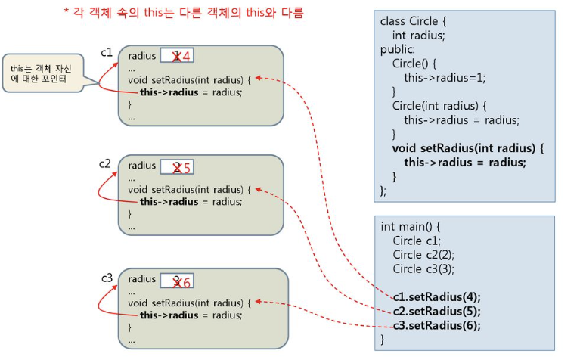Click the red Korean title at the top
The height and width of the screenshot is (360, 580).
184,14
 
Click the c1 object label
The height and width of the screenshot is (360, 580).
107,52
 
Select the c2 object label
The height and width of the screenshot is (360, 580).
105,163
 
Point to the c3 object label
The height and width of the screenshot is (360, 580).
107,278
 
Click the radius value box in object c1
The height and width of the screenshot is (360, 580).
178,55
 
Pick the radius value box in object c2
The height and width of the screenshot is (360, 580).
178,167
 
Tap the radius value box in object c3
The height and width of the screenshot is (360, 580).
178,281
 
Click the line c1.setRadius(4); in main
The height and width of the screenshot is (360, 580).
437,296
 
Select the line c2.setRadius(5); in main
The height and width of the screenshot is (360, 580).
437,311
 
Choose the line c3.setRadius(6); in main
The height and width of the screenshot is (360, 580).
437,325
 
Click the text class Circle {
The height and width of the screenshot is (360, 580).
413,21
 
